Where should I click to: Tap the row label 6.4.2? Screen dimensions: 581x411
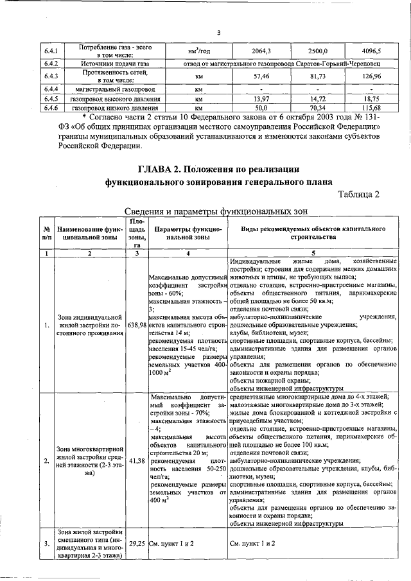[51, 64]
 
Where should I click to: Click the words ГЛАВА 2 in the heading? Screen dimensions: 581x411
[162, 169]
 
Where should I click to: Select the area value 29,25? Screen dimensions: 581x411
[137, 543]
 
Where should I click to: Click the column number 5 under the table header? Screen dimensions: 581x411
[313, 254]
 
